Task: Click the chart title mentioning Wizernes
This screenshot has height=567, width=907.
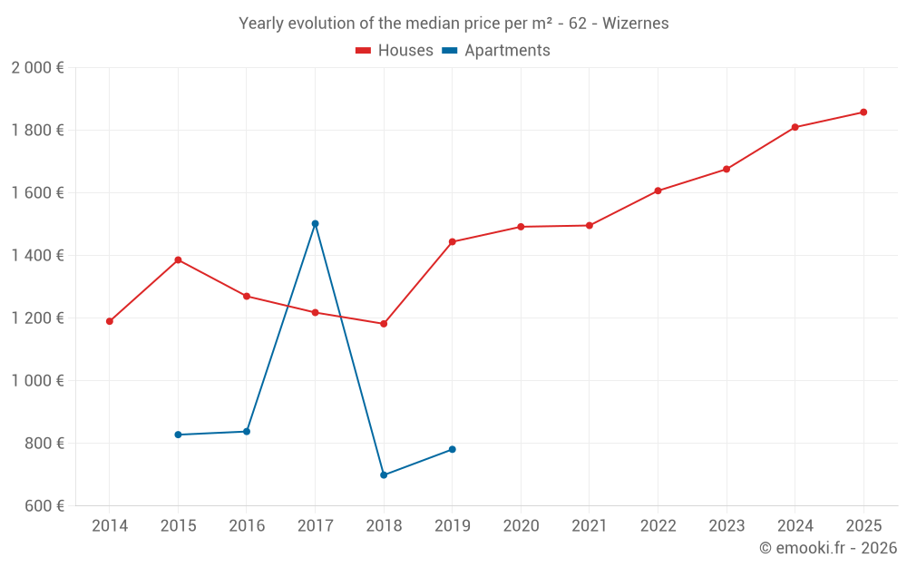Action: [x=453, y=24]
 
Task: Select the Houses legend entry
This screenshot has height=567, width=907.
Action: [x=395, y=51]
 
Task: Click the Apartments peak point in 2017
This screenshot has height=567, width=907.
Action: [x=315, y=223]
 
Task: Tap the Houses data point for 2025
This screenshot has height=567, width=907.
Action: [x=863, y=112]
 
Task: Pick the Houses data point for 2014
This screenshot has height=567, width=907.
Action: [x=110, y=321]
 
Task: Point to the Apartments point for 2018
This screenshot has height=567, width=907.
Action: [x=384, y=474]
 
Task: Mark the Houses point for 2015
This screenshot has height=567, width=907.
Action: [x=178, y=260]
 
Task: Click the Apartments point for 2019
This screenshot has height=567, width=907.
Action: [x=452, y=449]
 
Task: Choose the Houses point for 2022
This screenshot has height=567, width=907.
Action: [x=658, y=191]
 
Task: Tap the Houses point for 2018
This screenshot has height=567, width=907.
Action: [x=384, y=324]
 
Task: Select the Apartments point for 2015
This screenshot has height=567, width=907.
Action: [x=178, y=435]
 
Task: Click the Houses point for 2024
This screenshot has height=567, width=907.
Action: [x=795, y=127]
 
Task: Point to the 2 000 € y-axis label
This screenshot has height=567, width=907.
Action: [x=37, y=68]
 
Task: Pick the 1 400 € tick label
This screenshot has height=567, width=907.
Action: [x=37, y=256]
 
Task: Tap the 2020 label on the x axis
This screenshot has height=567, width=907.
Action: [x=521, y=526]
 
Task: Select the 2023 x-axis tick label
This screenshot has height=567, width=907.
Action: [x=727, y=526]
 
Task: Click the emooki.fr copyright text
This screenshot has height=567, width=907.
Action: [x=827, y=548]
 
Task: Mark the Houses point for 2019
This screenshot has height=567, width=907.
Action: [x=452, y=242]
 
